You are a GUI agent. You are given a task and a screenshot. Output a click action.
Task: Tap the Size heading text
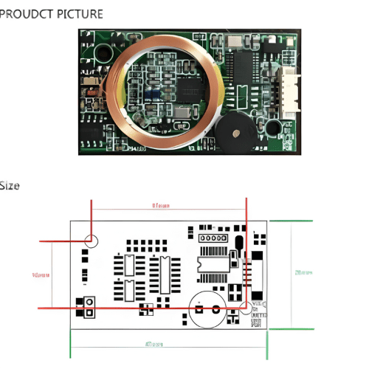click(10, 185)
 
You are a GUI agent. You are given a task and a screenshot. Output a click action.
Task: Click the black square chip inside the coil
click(185, 90)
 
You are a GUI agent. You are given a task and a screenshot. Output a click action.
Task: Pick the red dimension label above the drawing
click(161, 206)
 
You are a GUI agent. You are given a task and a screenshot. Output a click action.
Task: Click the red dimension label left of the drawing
click(41, 275)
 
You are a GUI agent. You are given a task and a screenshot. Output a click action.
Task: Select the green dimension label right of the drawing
click(303, 272)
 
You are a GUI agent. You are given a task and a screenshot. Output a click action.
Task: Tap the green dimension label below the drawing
click(154, 344)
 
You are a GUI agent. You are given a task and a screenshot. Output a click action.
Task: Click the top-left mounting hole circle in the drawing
click(92, 241)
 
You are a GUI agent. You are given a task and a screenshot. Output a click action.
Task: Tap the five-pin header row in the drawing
click(212, 238)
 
